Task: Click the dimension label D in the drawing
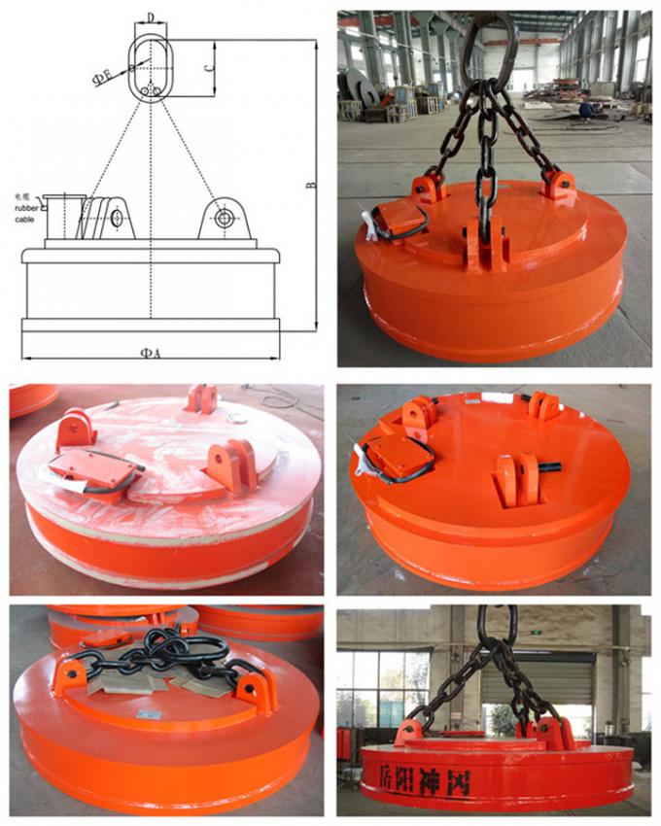151,17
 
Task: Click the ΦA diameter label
150,354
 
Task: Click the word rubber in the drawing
26,208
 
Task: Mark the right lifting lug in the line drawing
225,218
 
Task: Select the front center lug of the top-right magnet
483,243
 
